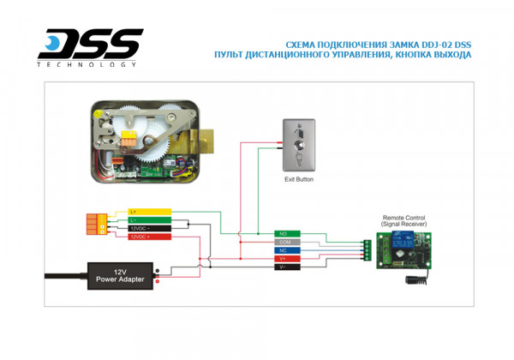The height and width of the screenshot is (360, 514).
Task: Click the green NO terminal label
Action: [x=286, y=233]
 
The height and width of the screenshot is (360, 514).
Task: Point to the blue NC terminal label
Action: [x=286, y=250]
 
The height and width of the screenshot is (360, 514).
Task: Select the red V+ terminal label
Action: [x=286, y=259]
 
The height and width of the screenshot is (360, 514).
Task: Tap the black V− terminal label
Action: [x=286, y=267]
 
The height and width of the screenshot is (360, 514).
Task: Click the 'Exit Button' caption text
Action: [x=299, y=180]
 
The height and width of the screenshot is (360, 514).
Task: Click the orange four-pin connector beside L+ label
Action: [x=97, y=224]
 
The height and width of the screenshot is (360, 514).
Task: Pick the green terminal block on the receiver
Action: [x=366, y=249]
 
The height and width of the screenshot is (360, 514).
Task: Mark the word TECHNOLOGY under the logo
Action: [x=87, y=64]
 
